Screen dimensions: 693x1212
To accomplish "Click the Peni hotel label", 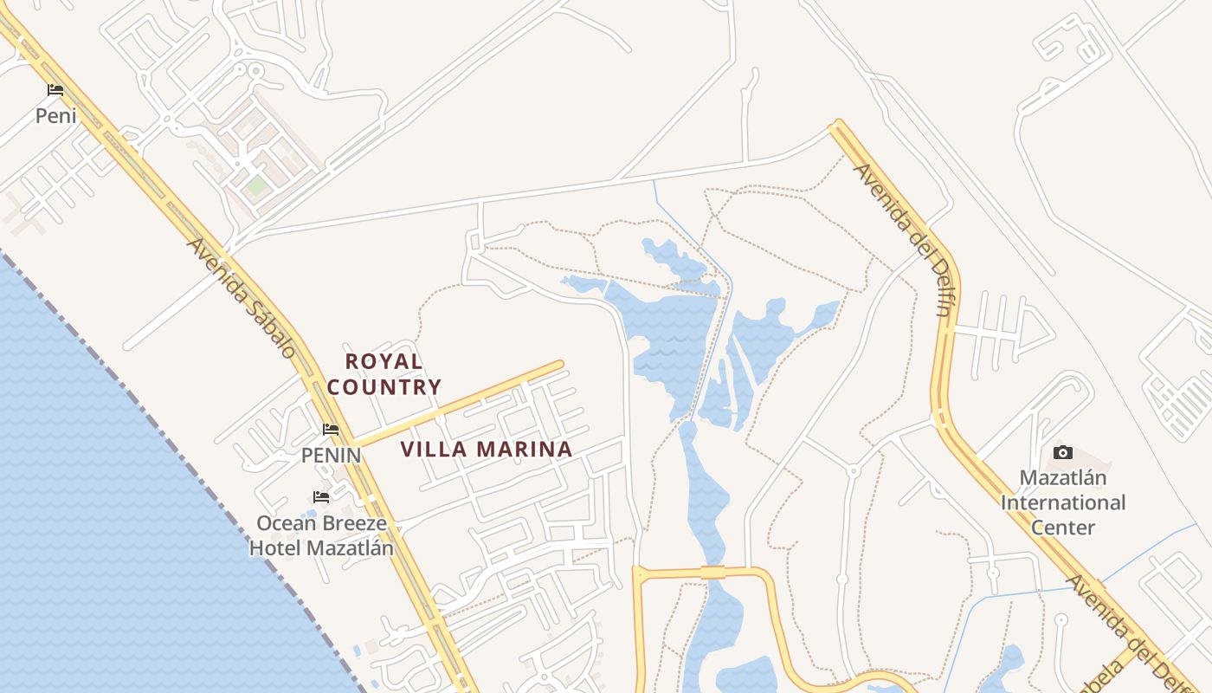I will [x=55, y=115].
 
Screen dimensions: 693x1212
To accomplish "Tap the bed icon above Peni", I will [x=55, y=90].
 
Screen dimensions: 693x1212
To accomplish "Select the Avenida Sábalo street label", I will [x=242, y=298].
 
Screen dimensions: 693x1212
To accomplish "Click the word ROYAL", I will [x=384, y=361].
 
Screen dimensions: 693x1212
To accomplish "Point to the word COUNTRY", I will [x=384, y=387].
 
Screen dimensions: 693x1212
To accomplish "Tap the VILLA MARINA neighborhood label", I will [x=487, y=450].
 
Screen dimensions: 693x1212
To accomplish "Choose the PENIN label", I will [x=331, y=455].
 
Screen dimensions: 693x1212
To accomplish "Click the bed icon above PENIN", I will [x=331, y=430].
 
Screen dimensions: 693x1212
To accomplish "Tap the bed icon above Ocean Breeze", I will [x=321, y=497].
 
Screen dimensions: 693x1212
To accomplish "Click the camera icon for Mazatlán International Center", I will [x=1063, y=452].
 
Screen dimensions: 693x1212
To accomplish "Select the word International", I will [x=1063, y=502].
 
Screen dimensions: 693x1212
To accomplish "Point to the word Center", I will [x=1063, y=528].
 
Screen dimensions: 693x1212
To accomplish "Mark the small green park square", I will [x=256, y=185].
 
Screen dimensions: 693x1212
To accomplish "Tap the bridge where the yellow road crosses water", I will [x=712, y=572].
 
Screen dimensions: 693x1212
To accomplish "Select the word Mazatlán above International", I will [x=1063, y=478].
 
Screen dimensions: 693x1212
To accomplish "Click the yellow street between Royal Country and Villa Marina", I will [x=459, y=404].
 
